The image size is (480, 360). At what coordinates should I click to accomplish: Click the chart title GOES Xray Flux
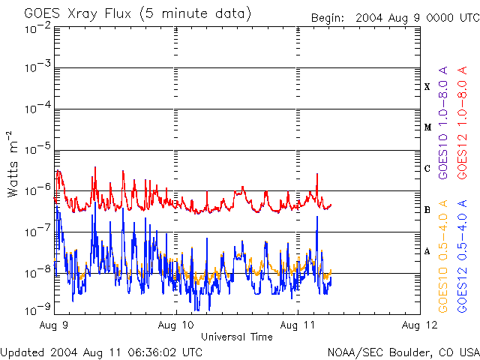click(x=137, y=14)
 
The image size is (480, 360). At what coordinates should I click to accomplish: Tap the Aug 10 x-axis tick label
click(x=176, y=325)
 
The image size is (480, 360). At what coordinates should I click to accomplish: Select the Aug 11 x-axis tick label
click(x=298, y=325)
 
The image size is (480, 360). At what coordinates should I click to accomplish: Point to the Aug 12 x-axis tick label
click(x=420, y=325)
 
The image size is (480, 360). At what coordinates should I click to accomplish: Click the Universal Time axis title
click(x=236, y=337)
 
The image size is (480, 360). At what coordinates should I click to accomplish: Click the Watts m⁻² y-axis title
click(x=13, y=163)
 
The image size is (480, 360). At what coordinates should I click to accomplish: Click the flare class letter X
click(x=427, y=87)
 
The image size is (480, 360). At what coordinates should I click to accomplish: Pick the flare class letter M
click(x=427, y=127)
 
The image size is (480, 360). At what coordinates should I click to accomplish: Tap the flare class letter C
click(x=427, y=169)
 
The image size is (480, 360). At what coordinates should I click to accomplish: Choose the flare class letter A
click(x=427, y=251)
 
